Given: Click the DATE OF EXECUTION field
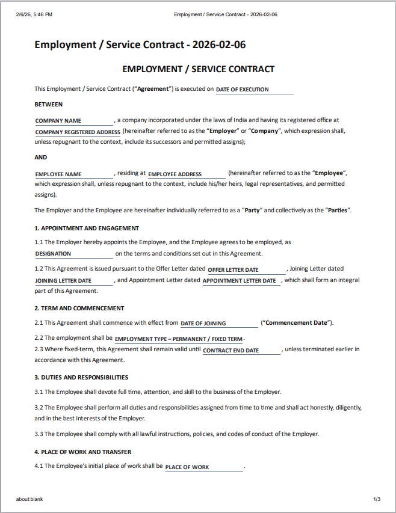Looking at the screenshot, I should [254, 90].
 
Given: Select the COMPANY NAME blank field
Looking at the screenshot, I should [73, 121].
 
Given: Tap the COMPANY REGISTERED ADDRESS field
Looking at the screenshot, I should [78, 132].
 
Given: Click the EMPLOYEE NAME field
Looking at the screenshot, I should [73, 174].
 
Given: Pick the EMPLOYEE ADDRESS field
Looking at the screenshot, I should [187, 174].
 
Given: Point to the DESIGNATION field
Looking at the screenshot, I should [73, 254].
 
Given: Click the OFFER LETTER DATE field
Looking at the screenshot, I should [246, 270].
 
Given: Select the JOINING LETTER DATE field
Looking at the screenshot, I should [73, 281].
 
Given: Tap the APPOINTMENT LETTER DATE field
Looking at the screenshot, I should [241, 281].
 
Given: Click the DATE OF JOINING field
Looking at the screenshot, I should [219, 324].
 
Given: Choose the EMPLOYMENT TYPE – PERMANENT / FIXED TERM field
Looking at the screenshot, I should [179, 339].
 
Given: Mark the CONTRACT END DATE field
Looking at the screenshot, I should [241, 351].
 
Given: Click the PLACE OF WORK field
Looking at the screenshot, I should [204, 467].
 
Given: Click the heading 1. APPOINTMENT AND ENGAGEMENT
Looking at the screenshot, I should [87, 228].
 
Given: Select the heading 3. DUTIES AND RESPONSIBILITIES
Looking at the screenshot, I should [81, 377].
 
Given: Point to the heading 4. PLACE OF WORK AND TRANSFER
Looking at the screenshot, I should [83, 452].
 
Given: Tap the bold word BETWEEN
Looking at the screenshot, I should [49, 104].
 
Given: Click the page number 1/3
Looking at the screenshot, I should [377, 499].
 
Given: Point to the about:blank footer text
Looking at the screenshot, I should [29, 499].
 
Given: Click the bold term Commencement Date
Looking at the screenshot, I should [297, 323].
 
